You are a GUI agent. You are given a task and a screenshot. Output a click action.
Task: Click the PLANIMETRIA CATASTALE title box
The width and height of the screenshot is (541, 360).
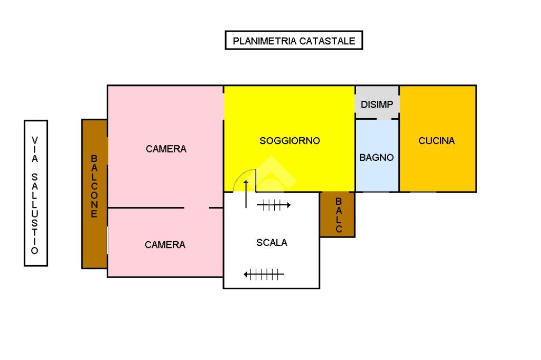pyautogui.click(x=294, y=40)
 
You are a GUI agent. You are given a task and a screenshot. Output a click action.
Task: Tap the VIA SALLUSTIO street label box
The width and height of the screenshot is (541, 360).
pyautogui.click(x=36, y=193)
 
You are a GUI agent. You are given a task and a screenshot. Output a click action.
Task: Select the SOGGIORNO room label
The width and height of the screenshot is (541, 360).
pyautogui.click(x=290, y=141)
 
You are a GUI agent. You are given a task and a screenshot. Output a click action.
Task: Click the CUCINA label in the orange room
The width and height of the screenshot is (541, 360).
pyautogui.click(x=436, y=141)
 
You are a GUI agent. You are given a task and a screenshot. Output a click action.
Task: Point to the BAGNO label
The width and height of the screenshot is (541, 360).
pyautogui.click(x=376, y=158)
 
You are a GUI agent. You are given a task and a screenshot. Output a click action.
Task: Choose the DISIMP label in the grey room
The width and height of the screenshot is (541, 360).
pyautogui.click(x=377, y=105)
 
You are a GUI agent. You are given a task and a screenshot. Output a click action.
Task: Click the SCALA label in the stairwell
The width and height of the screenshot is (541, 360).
pyautogui.click(x=272, y=243)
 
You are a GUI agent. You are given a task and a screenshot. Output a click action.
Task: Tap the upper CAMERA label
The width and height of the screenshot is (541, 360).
pyautogui.click(x=166, y=149)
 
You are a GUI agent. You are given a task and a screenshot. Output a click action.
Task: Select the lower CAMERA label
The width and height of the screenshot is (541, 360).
pyautogui.click(x=165, y=245)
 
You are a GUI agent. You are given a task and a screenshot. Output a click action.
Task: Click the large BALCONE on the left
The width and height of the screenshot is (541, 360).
pyautogui.click(x=95, y=194)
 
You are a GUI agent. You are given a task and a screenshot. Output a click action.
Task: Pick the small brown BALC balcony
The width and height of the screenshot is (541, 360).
pyautogui.click(x=338, y=214)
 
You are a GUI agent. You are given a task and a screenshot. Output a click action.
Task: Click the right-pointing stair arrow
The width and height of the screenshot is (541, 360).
pyautogui.click(x=274, y=205)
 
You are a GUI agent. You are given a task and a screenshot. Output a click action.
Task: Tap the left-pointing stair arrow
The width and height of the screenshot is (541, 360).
pyautogui.click(x=264, y=275)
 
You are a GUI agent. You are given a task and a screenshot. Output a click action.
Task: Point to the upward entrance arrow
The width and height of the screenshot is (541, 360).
pyautogui.click(x=246, y=194)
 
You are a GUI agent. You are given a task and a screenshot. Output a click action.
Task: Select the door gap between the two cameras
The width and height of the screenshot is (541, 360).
pyautogui.click(x=197, y=208)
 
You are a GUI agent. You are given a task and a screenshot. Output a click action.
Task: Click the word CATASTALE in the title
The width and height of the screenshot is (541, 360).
pyautogui.click(x=328, y=41)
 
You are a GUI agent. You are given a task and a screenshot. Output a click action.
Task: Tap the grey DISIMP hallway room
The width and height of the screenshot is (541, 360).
pyautogui.click(x=377, y=102)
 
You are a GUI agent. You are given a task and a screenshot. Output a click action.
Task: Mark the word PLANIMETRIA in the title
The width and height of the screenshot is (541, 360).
pyautogui.click(x=265, y=41)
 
